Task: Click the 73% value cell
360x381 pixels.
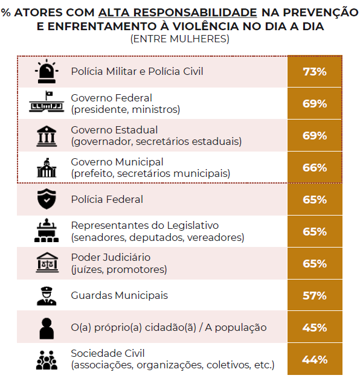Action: tap(315, 71)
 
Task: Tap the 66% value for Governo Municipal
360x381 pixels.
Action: tap(315, 167)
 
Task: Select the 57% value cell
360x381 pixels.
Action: tap(315, 295)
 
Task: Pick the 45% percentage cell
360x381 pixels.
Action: tap(315, 327)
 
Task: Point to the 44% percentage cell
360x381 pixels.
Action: tap(315, 359)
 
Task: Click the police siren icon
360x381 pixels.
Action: tap(47, 71)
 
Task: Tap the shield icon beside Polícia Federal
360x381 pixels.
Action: tap(47, 199)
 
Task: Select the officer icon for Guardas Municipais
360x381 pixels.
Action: tap(47, 296)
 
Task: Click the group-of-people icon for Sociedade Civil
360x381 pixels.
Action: tap(47, 360)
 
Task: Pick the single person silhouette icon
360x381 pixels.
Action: tap(47, 328)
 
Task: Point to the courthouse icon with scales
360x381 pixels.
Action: tap(47, 263)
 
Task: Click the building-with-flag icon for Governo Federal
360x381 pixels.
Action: tap(47, 101)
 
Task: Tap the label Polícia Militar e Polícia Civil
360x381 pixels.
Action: tap(137, 71)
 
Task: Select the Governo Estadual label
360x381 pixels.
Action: tap(114, 130)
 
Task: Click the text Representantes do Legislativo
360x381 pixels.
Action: tap(145, 225)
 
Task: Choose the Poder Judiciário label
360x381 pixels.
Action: tap(111, 257)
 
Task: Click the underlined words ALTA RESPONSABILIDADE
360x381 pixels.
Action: tap(178, 13)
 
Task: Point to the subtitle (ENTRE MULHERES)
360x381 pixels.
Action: tap(180, 39)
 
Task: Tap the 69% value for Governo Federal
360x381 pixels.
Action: tap(315, 103)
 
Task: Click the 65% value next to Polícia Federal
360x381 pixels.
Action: tap(315, 199)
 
